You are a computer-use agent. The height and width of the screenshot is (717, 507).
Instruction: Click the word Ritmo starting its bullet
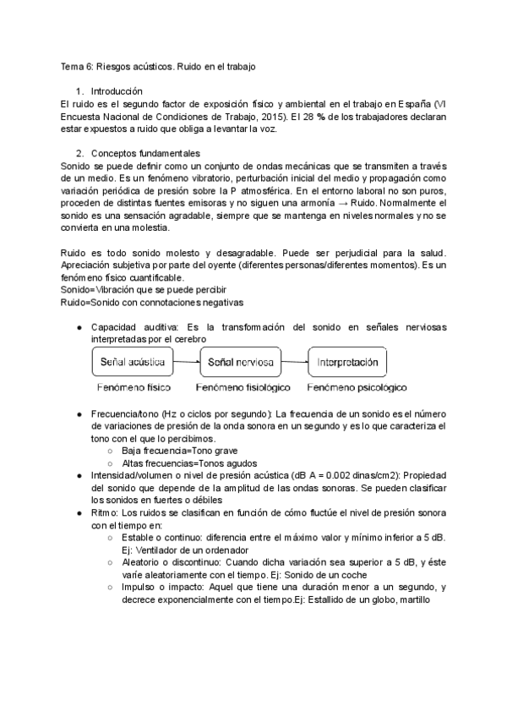click(x=105, y=513)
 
